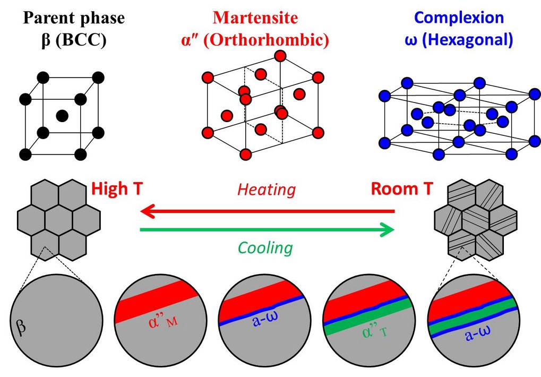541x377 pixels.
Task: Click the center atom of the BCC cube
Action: [62, 115]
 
